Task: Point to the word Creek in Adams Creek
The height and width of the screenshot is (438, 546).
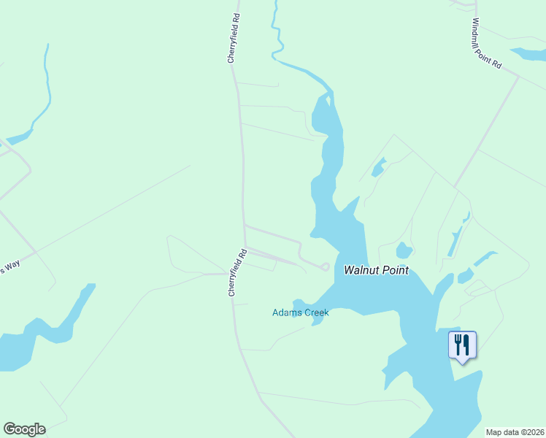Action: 318,313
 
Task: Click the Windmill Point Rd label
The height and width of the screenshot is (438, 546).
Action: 487,44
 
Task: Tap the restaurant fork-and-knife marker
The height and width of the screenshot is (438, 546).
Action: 462,345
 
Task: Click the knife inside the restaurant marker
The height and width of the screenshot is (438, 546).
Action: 466,344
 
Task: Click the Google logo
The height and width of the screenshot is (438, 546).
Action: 24,429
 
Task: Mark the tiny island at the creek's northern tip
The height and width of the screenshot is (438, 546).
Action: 328,100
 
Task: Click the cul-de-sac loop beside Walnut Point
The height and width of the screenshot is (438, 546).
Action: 325,266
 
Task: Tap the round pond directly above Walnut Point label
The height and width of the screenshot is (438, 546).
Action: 404,252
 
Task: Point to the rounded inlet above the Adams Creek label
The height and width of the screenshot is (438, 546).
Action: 299,304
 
